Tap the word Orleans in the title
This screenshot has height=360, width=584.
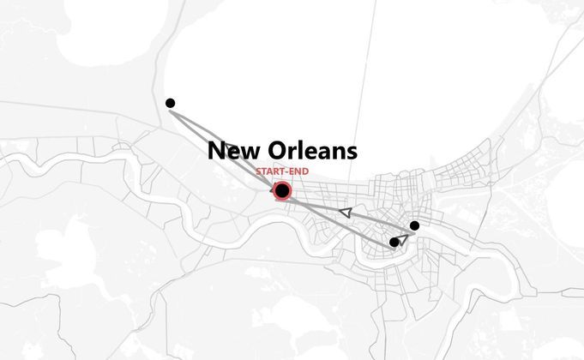pyautogui.click(x=311, y=152)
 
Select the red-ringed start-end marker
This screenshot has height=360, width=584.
pyautogui.click(x=282, y=190)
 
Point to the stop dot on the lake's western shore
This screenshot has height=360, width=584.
pyautogui.click(x=170, y=103)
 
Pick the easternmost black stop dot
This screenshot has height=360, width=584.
pyautogui.click(x=414, y=225)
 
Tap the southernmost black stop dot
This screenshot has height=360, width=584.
pyautogui.click(x=394, y=243)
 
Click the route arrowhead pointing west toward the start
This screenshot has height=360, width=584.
pyautogui.click(x=345, y=211)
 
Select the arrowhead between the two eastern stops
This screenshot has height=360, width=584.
pyautogui.click(x=403, y=239)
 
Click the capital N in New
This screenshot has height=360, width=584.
pyautogui.click(x=216, y=152)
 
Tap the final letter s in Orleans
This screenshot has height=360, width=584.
pyautogui.click(x=352, y=153)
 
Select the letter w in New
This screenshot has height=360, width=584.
pyautogui.click(x=249, y=153)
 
